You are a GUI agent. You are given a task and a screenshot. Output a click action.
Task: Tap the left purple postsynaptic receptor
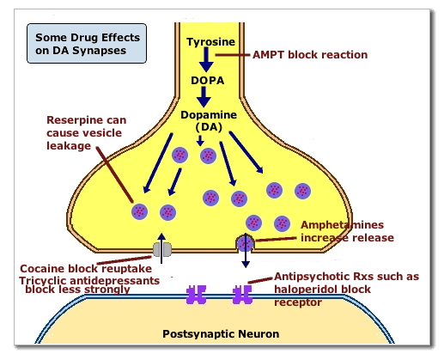tap(198, 295)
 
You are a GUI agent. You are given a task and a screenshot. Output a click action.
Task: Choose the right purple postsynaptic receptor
tap(242, 295)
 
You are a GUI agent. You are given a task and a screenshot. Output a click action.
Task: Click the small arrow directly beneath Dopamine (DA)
tap(199, 139)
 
